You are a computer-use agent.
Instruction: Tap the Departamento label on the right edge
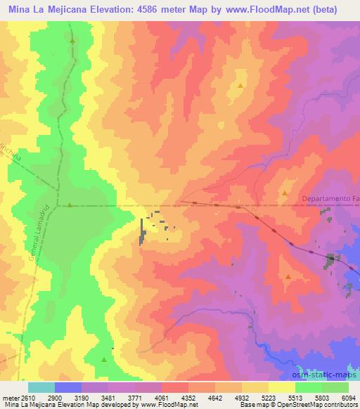[329, 200]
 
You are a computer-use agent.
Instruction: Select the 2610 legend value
[26, 398]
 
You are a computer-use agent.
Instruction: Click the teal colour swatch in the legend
[41, 387]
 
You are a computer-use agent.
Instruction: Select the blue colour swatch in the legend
[68, 387]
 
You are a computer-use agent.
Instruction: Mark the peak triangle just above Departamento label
[285, 192]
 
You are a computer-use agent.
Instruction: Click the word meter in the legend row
[10, 398]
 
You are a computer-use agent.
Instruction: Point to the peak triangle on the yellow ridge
[240, 86]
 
